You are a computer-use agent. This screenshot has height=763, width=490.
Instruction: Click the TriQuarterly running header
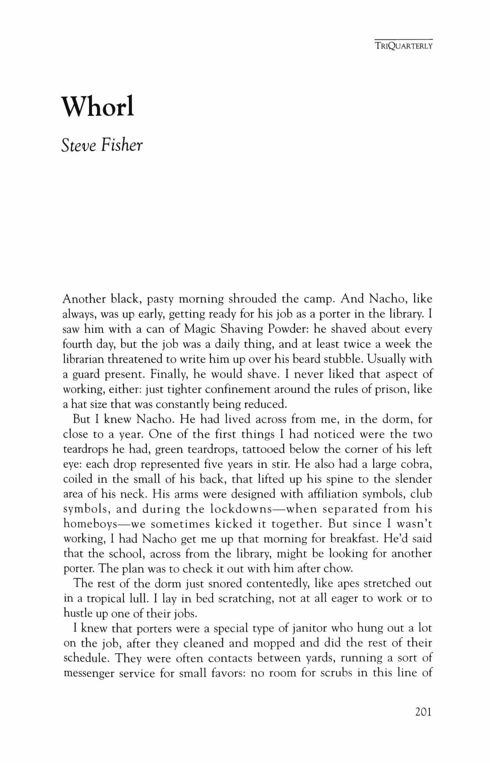pos(403,46)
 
